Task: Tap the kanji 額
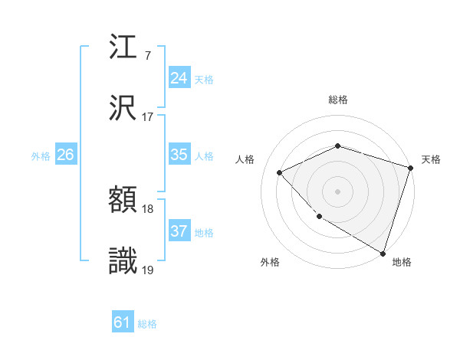(x=123, y=201)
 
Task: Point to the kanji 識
(x=123, y=262)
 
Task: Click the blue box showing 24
(x=179, y=78)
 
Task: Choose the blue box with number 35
(x=179, y=155)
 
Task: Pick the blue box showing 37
(x=179, y=231)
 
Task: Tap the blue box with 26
(x=65, y=155)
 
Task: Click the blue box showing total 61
(x=122, y=323)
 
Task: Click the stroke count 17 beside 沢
(x=148, y=117)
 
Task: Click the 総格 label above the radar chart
(x=338, y=100)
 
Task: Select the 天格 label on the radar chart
(x=431, y=159)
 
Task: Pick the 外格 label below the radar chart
(x=270, y=263)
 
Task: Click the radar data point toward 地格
(x=382, y=252)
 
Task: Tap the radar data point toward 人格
(x=280, y=172)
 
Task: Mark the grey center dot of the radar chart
(x=337, y=191)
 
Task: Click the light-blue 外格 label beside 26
(x=41, y=156)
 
